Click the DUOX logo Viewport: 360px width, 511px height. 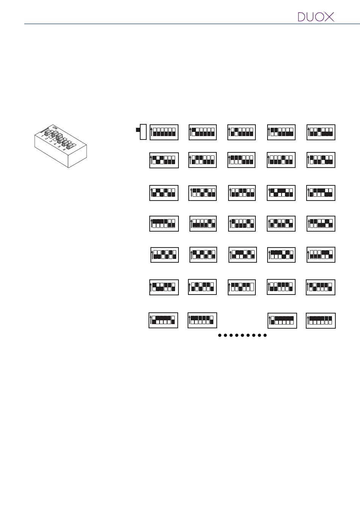316,17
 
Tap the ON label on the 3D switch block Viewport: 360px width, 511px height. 55,128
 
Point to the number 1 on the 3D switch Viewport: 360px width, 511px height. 42,135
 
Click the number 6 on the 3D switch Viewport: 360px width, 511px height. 64,150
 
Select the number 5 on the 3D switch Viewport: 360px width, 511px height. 59,147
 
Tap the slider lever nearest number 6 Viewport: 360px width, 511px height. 69,145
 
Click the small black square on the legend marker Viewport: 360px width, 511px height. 138,130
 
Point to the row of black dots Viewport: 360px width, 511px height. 243,335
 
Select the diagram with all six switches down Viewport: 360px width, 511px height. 164,132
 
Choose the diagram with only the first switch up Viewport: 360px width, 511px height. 203,132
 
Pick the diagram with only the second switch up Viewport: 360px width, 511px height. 242,132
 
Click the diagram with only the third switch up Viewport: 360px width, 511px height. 321,132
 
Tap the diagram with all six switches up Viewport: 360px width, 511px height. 321,320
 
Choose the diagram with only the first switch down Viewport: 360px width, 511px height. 282,321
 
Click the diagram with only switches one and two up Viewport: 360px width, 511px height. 281,132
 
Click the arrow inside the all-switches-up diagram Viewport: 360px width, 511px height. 308,320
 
